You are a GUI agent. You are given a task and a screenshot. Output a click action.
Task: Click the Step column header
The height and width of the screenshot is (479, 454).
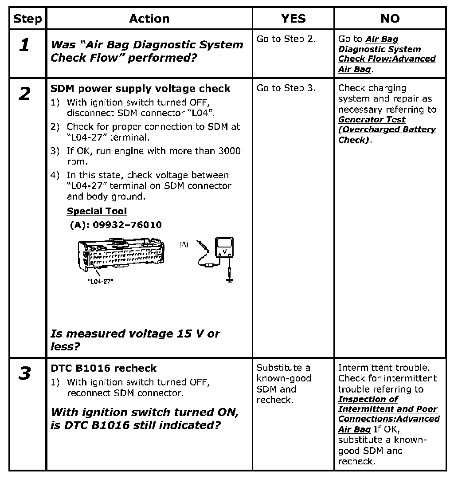tap(27, 19)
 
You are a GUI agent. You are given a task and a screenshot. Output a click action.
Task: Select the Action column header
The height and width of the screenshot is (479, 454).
tap(149, 19)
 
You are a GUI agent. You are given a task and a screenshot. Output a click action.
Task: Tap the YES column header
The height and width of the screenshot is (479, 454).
tap(293, 19)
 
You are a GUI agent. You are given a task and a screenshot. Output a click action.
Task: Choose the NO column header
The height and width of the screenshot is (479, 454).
tap(390, 19)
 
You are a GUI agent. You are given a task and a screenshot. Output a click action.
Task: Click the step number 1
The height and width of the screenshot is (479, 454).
tap(25, 45)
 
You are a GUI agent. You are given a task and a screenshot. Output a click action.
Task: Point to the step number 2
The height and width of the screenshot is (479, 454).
tap(25, 94)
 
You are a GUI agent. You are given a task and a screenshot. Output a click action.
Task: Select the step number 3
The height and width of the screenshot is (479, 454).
tap(25, 373)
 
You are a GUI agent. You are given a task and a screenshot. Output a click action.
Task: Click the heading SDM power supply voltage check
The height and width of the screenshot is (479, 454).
tap(140, 89)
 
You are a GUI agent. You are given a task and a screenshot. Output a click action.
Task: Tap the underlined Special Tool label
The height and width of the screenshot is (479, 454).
tap(97, 211)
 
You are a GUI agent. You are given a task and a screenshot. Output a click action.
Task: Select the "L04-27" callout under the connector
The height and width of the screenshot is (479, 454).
tap(100, 281)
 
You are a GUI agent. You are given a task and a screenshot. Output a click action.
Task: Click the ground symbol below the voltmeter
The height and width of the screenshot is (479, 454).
tap(229, 279)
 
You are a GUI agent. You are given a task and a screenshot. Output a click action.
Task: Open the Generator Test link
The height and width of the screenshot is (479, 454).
tap(372, 120)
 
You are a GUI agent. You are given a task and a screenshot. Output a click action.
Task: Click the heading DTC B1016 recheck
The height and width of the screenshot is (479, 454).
tap(104, 368)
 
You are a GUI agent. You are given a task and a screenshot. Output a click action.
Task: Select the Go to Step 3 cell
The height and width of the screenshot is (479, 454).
tap(286, 88)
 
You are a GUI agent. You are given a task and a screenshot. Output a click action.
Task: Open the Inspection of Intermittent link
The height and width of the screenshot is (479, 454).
tap(368, 399)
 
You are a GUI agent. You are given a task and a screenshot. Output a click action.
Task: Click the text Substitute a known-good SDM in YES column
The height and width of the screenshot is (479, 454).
tap(284, 384)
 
